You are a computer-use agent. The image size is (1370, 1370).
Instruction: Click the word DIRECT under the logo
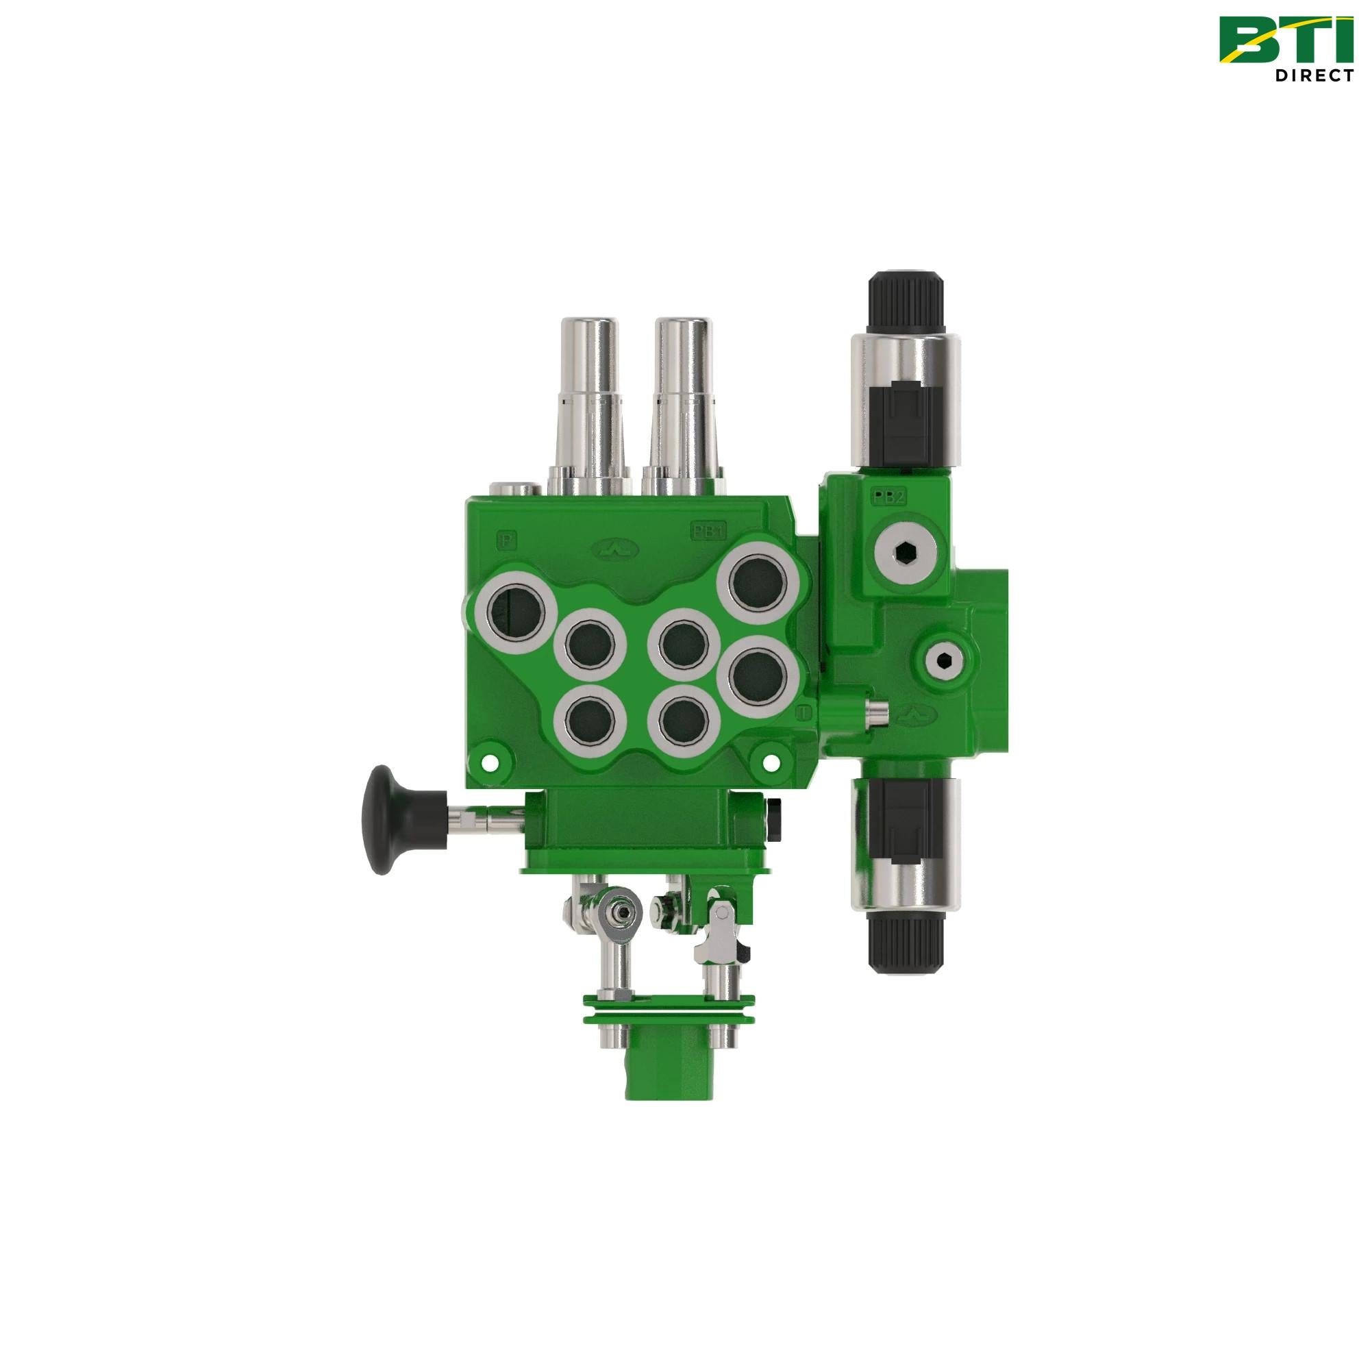[1312, 76]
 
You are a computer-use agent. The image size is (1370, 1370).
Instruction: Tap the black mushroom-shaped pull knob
[387, 821]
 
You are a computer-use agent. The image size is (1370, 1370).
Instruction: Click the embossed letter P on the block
[508, 538]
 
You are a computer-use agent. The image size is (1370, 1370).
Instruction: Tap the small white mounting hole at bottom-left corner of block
[487, 762]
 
